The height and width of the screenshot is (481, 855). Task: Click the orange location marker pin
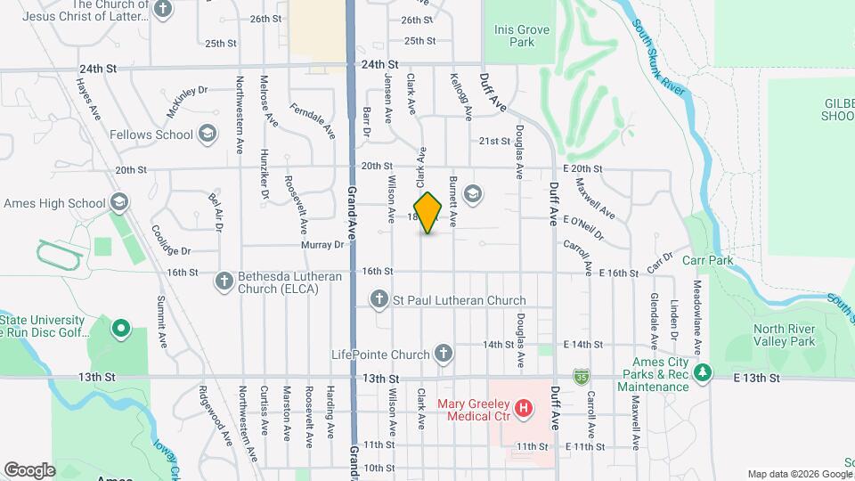[428, 213]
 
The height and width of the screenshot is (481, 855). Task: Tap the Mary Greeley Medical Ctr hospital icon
[525, 409]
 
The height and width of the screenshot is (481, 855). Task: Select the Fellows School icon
[208, 135]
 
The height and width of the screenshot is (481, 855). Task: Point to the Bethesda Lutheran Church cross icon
[224, 282]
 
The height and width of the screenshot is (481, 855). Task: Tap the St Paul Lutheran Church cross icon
[379, 300]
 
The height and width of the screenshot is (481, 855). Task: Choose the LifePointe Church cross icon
[444, 355]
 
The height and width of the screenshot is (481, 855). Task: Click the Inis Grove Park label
[522, 36]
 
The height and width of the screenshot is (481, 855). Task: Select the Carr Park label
[706, 261]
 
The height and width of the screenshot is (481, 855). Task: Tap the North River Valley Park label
[784, 335]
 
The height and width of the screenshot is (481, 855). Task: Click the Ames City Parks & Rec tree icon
[704, 373]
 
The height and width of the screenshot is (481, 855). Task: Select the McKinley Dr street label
[186, 102]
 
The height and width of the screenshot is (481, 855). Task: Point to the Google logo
[30, 469]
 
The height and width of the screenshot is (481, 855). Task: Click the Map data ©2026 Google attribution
[799, 474]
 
